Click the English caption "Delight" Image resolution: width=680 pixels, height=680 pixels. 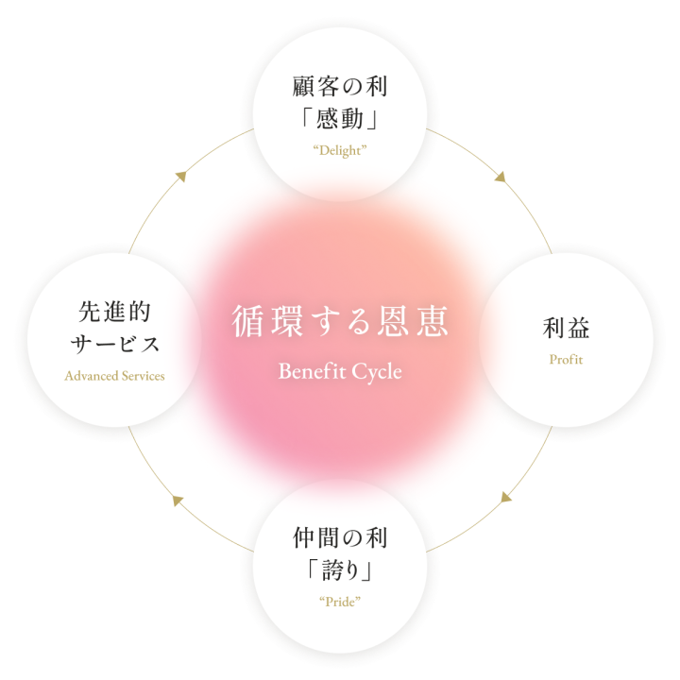point(340,151)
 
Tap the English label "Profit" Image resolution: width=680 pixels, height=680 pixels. point(567,360)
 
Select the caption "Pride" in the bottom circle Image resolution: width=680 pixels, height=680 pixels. point(340,601)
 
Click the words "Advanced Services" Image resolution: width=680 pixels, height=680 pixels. point(114,376)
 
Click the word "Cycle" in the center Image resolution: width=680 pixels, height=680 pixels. point(377,371)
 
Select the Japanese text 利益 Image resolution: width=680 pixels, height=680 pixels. point(567,329)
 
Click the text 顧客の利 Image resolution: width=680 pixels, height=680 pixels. point(340,89)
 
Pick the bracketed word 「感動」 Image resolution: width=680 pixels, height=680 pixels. point(340,121)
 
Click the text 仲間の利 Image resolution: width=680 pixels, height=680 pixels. point(340,539)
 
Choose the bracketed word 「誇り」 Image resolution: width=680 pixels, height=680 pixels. point(340,571)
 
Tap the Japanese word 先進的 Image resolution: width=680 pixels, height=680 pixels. point(114,312)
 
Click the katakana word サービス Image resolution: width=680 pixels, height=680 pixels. point(114,344)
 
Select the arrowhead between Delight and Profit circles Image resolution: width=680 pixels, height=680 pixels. point(502,177)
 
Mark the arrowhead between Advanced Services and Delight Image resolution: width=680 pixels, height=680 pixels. point(178,176)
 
